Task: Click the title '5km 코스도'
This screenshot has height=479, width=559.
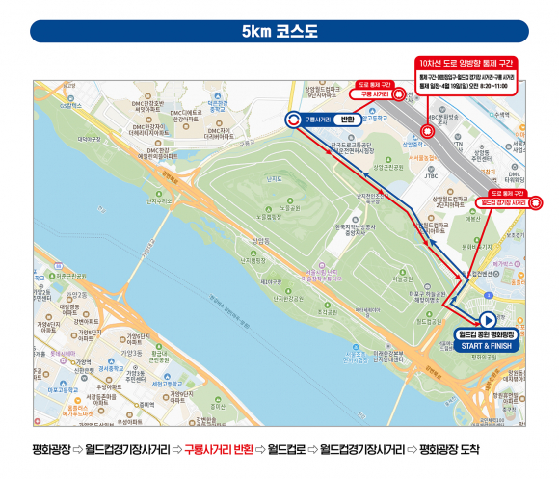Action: tap(279, 31)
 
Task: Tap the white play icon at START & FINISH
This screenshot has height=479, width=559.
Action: tap(488, 321)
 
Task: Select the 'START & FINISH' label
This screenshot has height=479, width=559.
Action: tap(488, 345)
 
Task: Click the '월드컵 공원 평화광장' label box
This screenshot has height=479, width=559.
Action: tap(488, 334)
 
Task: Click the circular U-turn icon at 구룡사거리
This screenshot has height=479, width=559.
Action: tap(292, 120)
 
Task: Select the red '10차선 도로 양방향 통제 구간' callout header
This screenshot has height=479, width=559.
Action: tap(466, 61)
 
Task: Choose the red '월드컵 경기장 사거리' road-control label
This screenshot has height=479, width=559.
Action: tap(502, 203)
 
